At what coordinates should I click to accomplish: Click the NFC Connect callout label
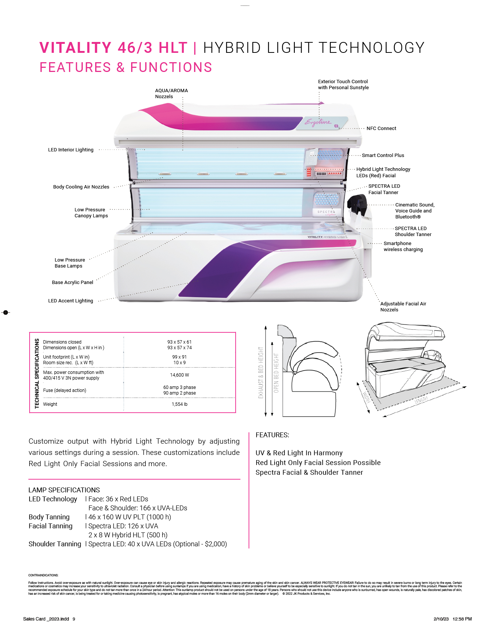point(381,129)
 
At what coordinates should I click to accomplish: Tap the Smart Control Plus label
point(383,156)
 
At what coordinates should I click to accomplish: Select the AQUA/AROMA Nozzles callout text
point(171,94)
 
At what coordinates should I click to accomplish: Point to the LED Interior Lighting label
point(71,150)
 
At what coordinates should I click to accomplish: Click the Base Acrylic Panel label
point(72,283)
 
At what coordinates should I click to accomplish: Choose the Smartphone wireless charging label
point(403,247)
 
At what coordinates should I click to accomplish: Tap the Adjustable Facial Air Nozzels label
point(403,307)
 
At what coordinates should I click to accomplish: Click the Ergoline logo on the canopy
point(318,122)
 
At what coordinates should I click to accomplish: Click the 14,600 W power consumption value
point(179,375)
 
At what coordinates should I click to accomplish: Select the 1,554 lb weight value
point(179,404)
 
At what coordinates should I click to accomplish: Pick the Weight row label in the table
point(50,404)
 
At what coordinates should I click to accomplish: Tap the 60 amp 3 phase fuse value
point(179,387)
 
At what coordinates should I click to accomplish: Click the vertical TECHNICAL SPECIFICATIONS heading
point(37,373)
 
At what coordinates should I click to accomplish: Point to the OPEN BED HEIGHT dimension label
point(276,373)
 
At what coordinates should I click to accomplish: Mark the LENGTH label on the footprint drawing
point(421,400)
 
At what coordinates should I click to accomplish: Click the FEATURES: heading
point(272,435)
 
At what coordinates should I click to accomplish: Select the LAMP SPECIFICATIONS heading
point(64,490)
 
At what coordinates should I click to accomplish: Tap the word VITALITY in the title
point(75,48)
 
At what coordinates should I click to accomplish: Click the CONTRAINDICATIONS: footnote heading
point(43,575)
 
